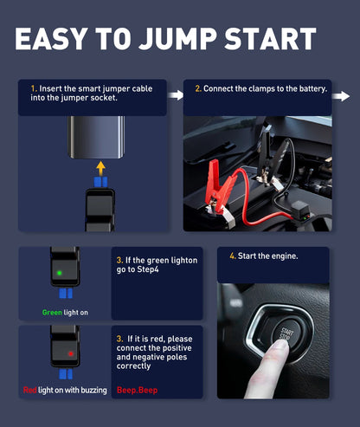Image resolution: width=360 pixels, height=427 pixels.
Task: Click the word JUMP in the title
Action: [x=177, y=39]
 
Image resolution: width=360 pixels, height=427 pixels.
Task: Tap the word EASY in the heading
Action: [x=51, y=39]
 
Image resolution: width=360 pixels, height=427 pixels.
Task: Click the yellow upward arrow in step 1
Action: [x=100, y=168]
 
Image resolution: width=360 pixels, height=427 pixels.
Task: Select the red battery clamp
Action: [x=221, y=193]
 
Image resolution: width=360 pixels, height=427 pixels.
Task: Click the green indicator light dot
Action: [x=60, y=273]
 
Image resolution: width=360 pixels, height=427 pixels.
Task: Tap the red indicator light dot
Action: [x=71, y=353]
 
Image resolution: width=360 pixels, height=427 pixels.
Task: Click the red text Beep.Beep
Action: [x=138, y=391]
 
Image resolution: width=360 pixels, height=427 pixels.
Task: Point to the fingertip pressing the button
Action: [x=280, y=346]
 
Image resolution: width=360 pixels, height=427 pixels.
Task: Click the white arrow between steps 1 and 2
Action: [x=175, y=95]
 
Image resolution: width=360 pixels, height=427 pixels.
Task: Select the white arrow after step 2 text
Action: [x=341, y=96]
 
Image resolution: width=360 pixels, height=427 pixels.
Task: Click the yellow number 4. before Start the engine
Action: [x=233, y=256]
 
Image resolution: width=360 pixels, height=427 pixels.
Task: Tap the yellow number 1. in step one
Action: [x=34, y=88]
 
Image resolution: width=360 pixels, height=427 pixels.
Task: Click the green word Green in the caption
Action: [x=52, y=313]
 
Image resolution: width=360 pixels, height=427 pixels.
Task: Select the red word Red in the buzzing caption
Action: [x=30, y=390]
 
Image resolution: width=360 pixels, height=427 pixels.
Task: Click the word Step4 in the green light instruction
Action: [x=148, y=269]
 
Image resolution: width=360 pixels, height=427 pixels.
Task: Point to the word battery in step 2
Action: [x=312, y=89]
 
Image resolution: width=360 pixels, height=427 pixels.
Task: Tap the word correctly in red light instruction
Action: [x=133, y=366]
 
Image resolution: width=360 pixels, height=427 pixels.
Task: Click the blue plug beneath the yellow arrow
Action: [x=100, y=182]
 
